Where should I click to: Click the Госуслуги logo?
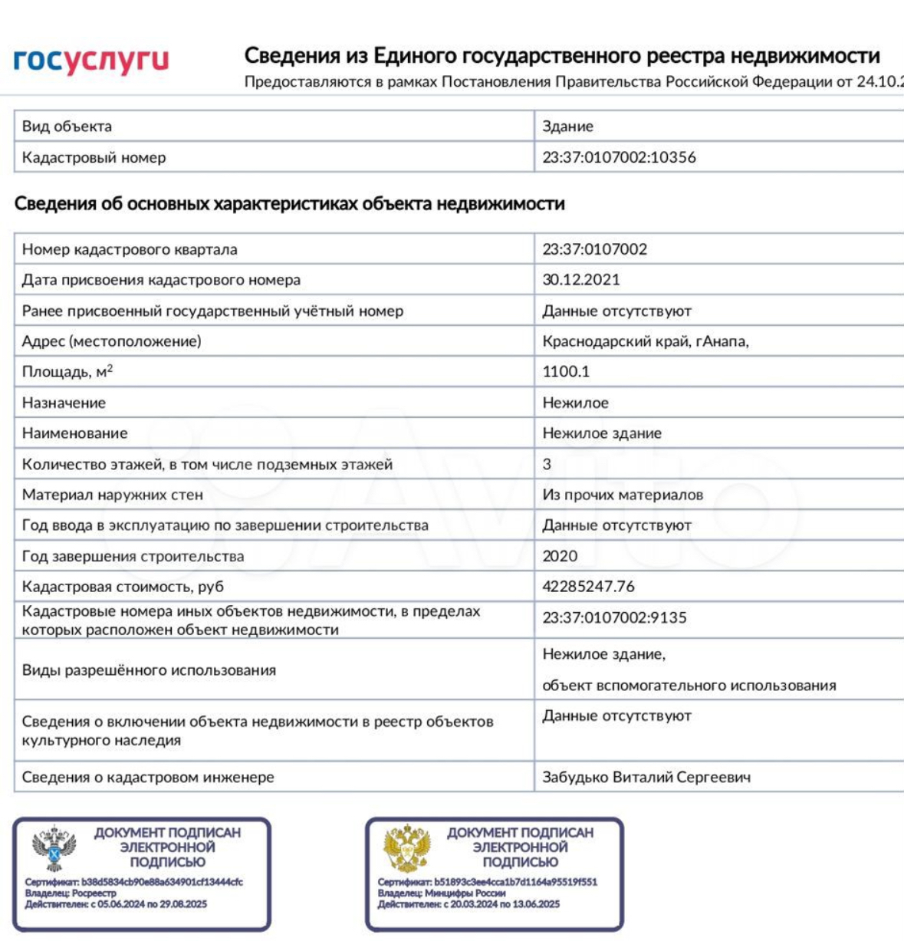click(91, 61)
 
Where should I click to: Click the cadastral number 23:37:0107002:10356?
click(619, 157)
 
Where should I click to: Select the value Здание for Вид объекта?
click(567, 127)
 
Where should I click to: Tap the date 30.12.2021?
click(580, 280)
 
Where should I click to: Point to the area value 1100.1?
click(566, 372)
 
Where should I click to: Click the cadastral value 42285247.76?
click(588, 587)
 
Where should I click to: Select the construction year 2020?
click(560, 556)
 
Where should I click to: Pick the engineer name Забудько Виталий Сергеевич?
click(646, 777)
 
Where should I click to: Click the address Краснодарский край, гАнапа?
click(645, 341)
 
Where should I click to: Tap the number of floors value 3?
click(547, 464)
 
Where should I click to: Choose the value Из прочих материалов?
click(622, 495)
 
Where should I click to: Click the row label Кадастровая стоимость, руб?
click(123, 587)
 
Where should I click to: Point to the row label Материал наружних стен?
click(112, 495)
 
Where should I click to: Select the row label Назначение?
click(64, 403)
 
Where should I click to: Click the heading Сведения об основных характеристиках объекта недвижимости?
click(290, 204)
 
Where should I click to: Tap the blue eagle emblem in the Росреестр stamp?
click(54, 847)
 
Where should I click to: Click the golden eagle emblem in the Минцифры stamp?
click(406, 847)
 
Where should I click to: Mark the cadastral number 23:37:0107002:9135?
click(614, 617)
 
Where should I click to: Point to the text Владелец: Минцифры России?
click(442, 893)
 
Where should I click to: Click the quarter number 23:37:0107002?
click(594, 249)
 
